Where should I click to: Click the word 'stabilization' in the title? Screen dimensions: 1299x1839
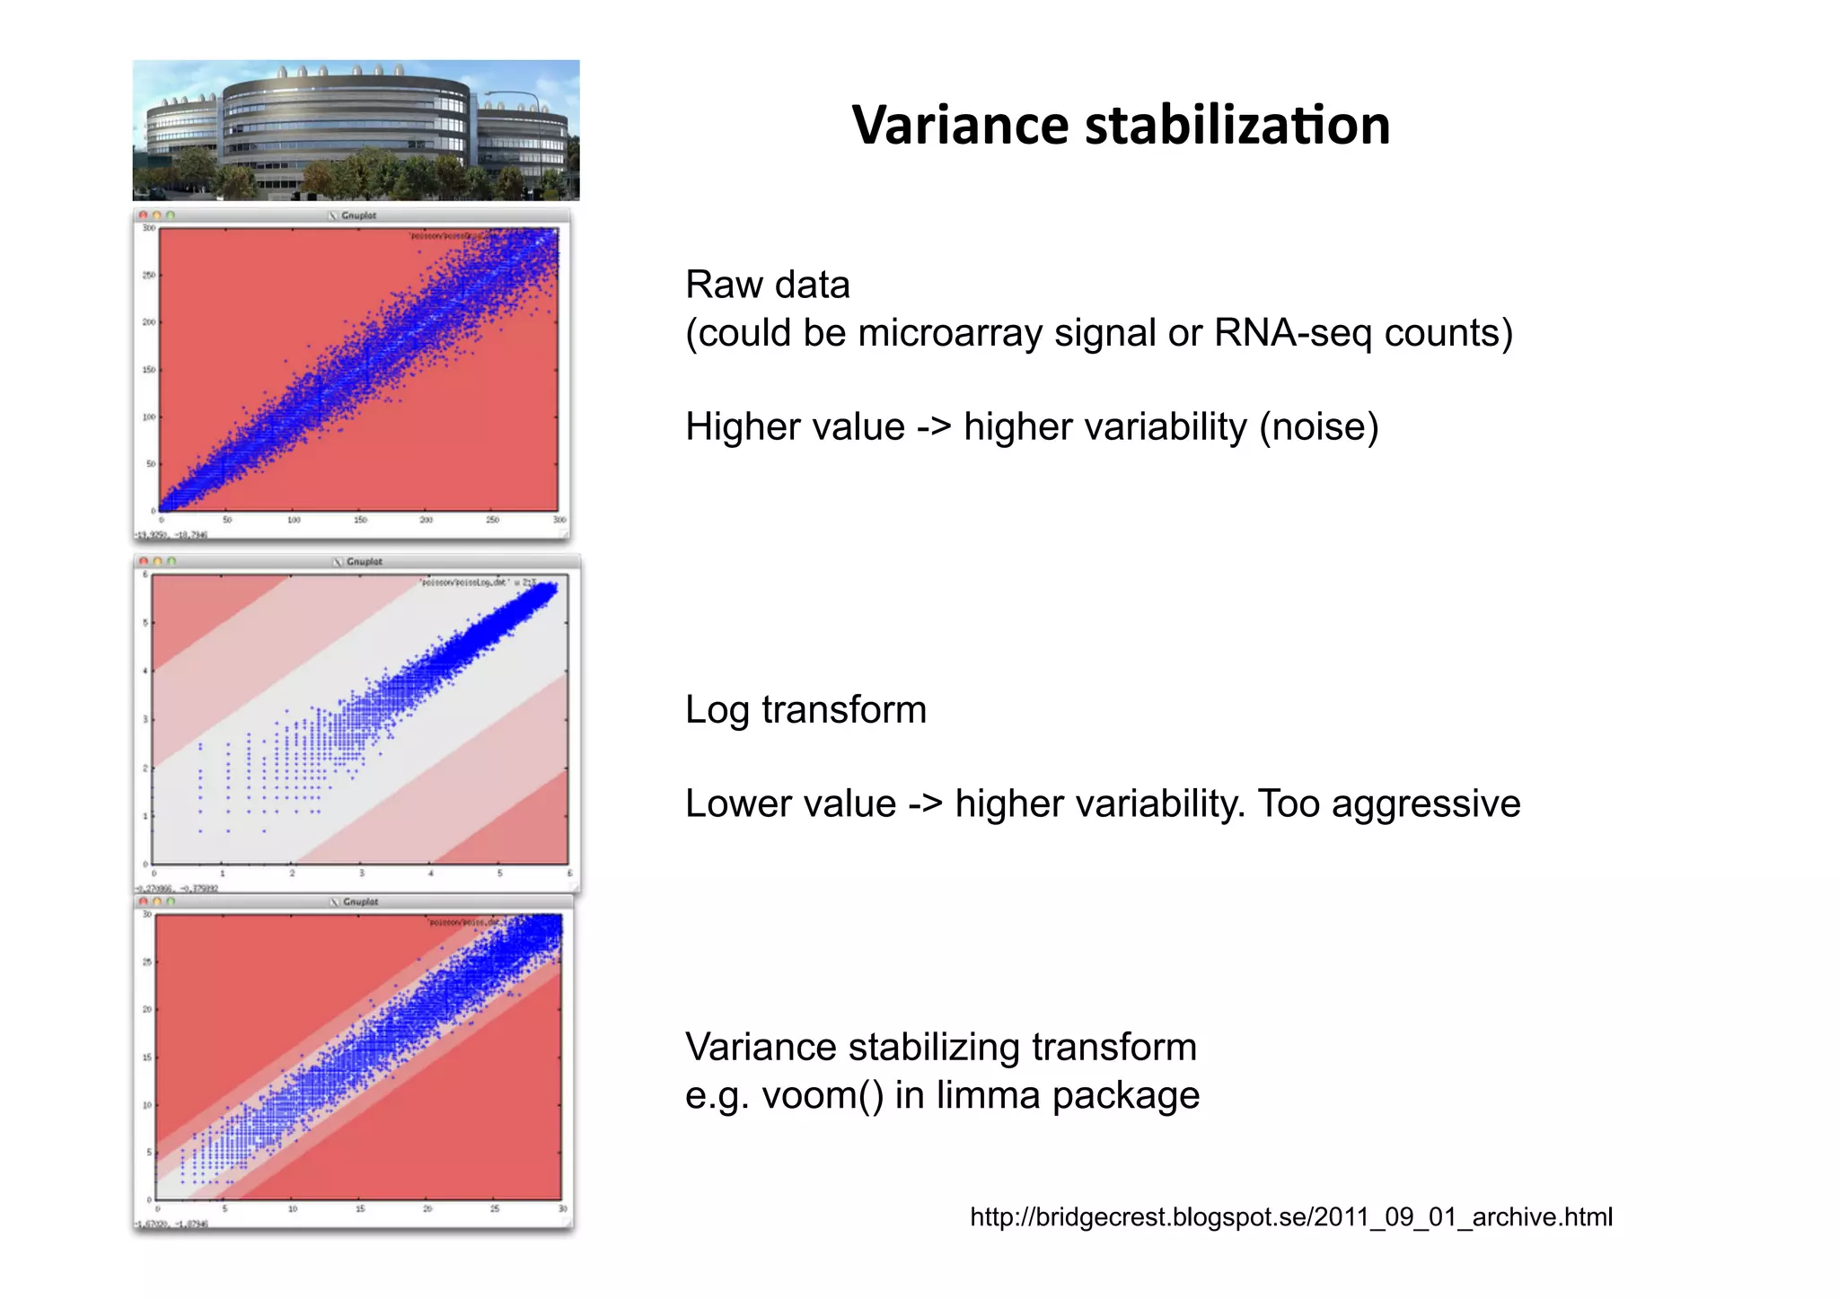coord(1238,125)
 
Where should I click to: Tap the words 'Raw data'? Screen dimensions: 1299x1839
coord(767,285)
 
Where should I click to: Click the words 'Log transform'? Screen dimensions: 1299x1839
coord(805,709)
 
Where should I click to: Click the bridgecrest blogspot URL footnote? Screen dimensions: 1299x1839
coord(1291,1216)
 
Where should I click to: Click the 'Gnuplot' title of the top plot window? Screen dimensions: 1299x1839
coord(358,215)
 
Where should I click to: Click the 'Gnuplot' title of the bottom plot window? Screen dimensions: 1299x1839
coord(360,901)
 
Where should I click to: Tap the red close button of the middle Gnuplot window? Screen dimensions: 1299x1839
coord(143,561)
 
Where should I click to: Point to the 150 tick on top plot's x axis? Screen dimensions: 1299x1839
coord(359,520)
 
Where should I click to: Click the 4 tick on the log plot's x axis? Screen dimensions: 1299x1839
coord(430,873)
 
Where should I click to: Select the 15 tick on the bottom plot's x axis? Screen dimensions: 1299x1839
coord(359,1209)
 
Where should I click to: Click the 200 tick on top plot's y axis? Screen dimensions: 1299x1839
coord(148,321)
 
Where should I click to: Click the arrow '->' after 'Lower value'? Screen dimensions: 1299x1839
coord(925,803)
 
